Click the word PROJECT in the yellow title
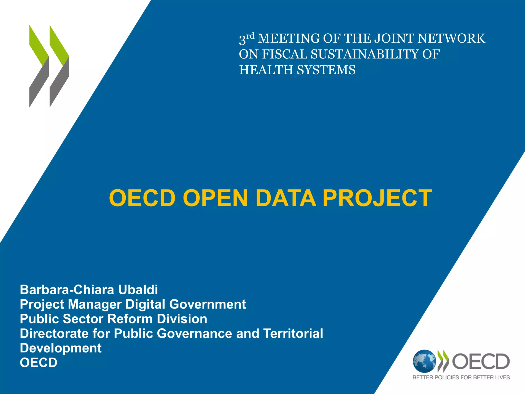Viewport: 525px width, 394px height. [x=377, y=198]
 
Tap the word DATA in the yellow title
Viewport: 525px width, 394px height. [x=286, y=198]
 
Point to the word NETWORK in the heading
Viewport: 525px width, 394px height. [x=451, y=38]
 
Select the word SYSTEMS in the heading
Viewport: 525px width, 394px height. [x=326, y=70]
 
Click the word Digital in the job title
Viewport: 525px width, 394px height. [x=145, y=304]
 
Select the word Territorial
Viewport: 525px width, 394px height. [x=293, y=333]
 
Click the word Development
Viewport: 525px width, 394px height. [x=61, y=348]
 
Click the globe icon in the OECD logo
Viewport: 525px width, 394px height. [x=424, y=361]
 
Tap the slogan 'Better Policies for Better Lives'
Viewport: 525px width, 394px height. [x=461, y=377]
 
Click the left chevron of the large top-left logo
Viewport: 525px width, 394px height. [x=39, y=66]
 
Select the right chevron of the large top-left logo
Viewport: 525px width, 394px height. [x=59, y=66]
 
